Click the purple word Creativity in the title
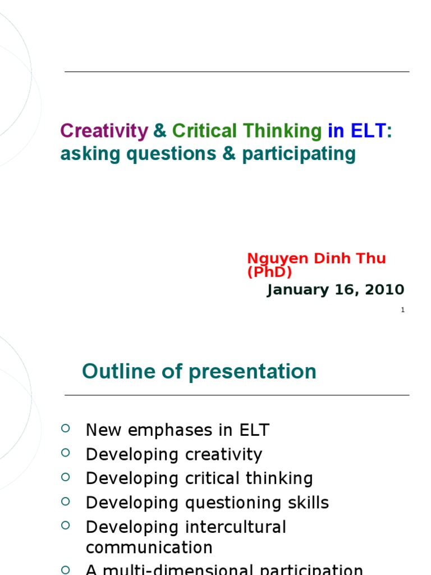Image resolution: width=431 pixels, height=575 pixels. (104, 131)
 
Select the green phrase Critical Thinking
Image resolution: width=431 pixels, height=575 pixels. (247, 131)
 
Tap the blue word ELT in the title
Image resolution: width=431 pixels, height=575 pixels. (368, 131)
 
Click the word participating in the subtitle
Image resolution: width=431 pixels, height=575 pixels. (299, 154)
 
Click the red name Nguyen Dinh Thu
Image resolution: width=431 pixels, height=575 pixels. (317, 259)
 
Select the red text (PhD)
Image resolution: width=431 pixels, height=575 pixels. (270, 272)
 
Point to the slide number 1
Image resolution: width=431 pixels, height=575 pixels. (402, 310)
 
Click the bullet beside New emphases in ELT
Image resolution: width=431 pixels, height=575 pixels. (65, 429)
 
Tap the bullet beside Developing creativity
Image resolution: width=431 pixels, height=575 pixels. (65, 453)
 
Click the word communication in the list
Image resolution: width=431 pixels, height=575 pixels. (149, 547)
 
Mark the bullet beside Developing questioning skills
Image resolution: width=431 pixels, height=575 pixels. (65, 501)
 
